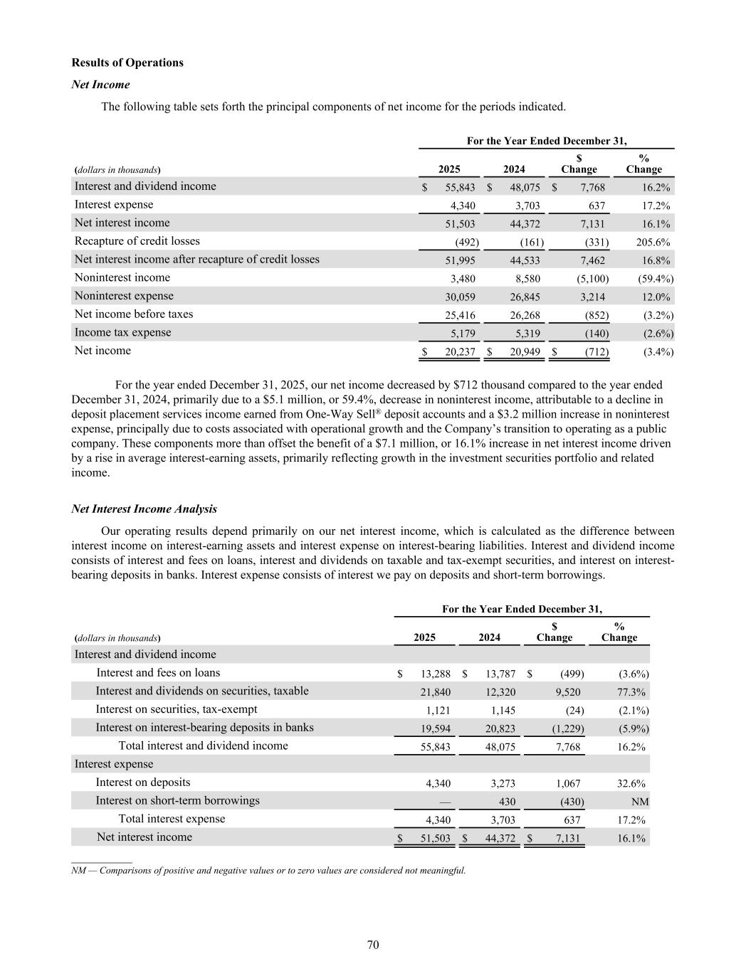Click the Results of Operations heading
(x=127, y=63)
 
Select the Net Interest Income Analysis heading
(x=144, y=509)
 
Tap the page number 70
(x=373, y=945)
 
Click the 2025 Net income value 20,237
(x=460, y=352)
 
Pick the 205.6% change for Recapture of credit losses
(x=653, y=243)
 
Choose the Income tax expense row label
(x=122, y=333)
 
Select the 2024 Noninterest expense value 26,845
(x=525, y=297)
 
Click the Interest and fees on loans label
(x=158, y=673)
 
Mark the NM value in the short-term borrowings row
(x=640, y=802)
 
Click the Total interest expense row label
(x=172, y=819)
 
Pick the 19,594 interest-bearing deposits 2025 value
(x=435, y=729)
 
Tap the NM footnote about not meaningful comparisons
(x=268, y=870)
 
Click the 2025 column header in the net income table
(x=449, y=169)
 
